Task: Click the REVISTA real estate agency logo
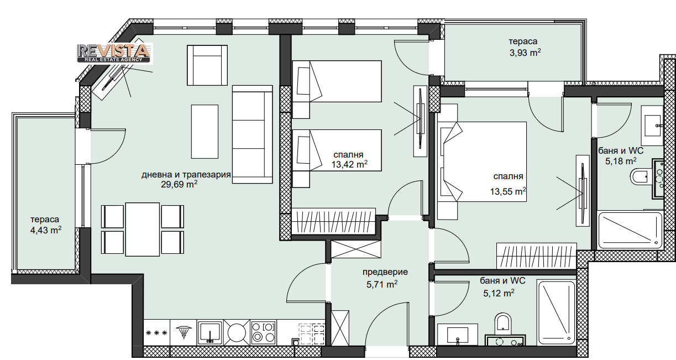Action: (x=115, y=54)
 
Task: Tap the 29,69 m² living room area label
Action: (x=179, y=184)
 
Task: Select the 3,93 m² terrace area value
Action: (x=525, y=53)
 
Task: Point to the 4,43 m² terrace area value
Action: (x=46, y=230)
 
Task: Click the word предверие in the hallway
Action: (x=385, y=272)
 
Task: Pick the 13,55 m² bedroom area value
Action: (x=508, y=191)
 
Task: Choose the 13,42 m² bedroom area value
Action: (x=349, y=164)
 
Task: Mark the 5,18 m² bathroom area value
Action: (x=621, y=161)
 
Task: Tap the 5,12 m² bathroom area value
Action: (x=499, y=293)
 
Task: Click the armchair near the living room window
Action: (x=207, y=65)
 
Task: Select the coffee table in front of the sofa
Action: (x=205, y=132)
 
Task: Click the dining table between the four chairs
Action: (x=143, y=229)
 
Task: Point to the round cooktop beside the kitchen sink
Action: (x=237, y=333)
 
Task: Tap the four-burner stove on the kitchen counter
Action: (x=264, y=332)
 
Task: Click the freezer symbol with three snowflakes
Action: (x=156, y=333)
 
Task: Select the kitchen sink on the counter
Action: (x=209, y=332)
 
